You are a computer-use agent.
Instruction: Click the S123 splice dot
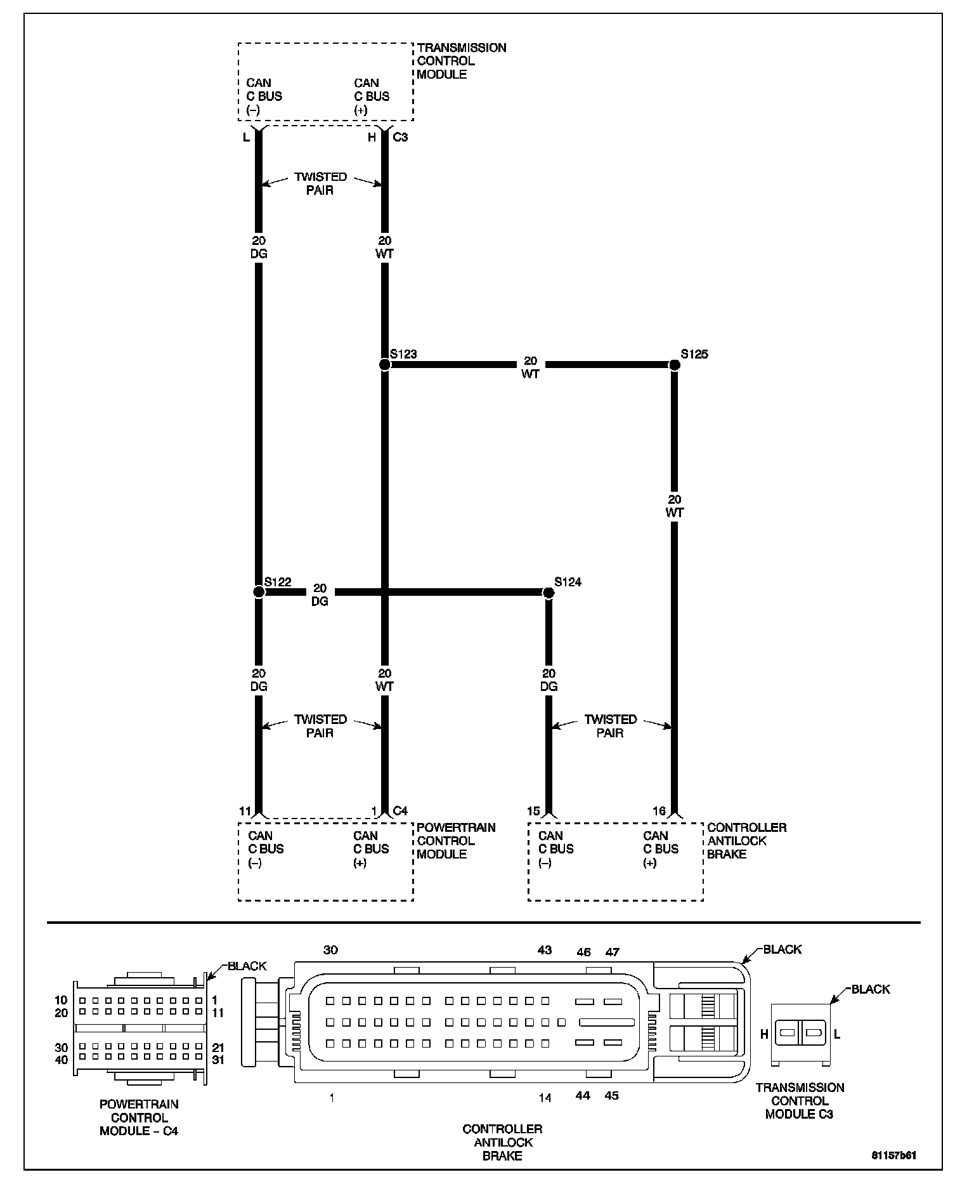pyautogui.click(x=384, y=365)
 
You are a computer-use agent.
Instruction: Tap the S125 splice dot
pyautogui.click(x=675, y=365)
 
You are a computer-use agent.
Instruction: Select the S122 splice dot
pyautogui.click(x=259, y=592)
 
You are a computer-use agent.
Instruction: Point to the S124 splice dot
pyautogui.click(x=549, y=593)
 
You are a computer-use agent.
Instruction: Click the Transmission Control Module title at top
pyautogui.click(x=462, y=61)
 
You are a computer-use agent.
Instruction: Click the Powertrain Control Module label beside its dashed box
pyautogui.click(x=456, y=841)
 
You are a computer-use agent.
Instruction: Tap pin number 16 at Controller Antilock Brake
pyautogui.click(x=659, y=811)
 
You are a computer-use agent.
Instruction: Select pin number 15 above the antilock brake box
pyautogui.click(x=533, y=811)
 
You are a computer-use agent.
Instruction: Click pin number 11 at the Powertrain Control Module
pyautogui.click(x=245, y=811)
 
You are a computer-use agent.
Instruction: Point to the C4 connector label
pyautogui.click(x=400, y=811)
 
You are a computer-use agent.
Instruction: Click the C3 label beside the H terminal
pyautogui.click(x=400, y=137)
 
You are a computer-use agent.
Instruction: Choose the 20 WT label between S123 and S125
pyautogui.click(x=531, y=367)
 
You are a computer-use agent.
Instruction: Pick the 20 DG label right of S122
pyautogui.click(x=320, y=595)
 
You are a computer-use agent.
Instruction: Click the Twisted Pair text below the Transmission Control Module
pyautogui.click(x=320, y=183)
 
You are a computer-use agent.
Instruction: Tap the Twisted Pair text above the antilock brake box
pyautogui.click(x=610, y=726)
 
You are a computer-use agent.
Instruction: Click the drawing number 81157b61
pyautogui.click(x=894, y=1155)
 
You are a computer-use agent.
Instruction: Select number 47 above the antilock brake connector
pyautogui.click(x=612, y=952)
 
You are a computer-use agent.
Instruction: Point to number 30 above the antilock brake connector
pyautogui.click(x=331, y=950)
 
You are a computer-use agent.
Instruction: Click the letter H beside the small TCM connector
pyautogui.click(x=764, y=1034)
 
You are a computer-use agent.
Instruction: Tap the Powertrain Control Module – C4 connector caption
pyautogui.click(x=139, y=1117)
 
